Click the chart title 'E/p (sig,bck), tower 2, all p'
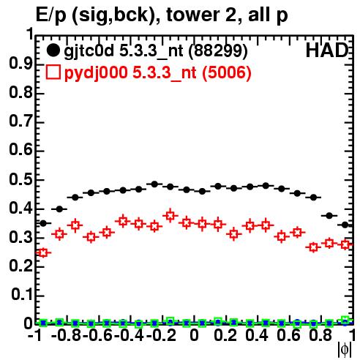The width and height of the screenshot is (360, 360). tap(162, 15)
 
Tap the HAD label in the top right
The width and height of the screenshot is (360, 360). tap(327, 50)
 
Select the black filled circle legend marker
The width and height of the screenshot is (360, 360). tap(53, 50)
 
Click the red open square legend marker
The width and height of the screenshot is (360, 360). tap(53, 72)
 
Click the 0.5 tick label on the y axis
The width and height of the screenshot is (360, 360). tap(20, 180)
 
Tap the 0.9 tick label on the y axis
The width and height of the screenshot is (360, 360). tap(20, 64)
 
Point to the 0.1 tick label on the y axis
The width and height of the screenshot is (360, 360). tap(22, 295)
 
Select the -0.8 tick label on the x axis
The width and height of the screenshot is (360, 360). tap(66, 336)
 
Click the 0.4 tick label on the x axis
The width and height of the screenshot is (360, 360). tap(257, 336)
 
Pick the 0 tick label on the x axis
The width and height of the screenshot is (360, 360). tap(194, 336)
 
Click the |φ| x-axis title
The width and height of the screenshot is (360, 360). tap(345, 350)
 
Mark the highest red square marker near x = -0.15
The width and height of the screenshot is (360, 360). tap(170, 216)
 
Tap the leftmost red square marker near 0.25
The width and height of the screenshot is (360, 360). tap(43, 252)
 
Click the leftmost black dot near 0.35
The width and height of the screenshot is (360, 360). tap(43, 223)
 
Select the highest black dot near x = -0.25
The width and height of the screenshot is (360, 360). tap(154, 184)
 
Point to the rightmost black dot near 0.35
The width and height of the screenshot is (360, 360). tap(345, 225)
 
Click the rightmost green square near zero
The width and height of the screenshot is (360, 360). tap(345, 320)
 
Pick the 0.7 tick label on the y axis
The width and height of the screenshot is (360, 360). tap(20, 121)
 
